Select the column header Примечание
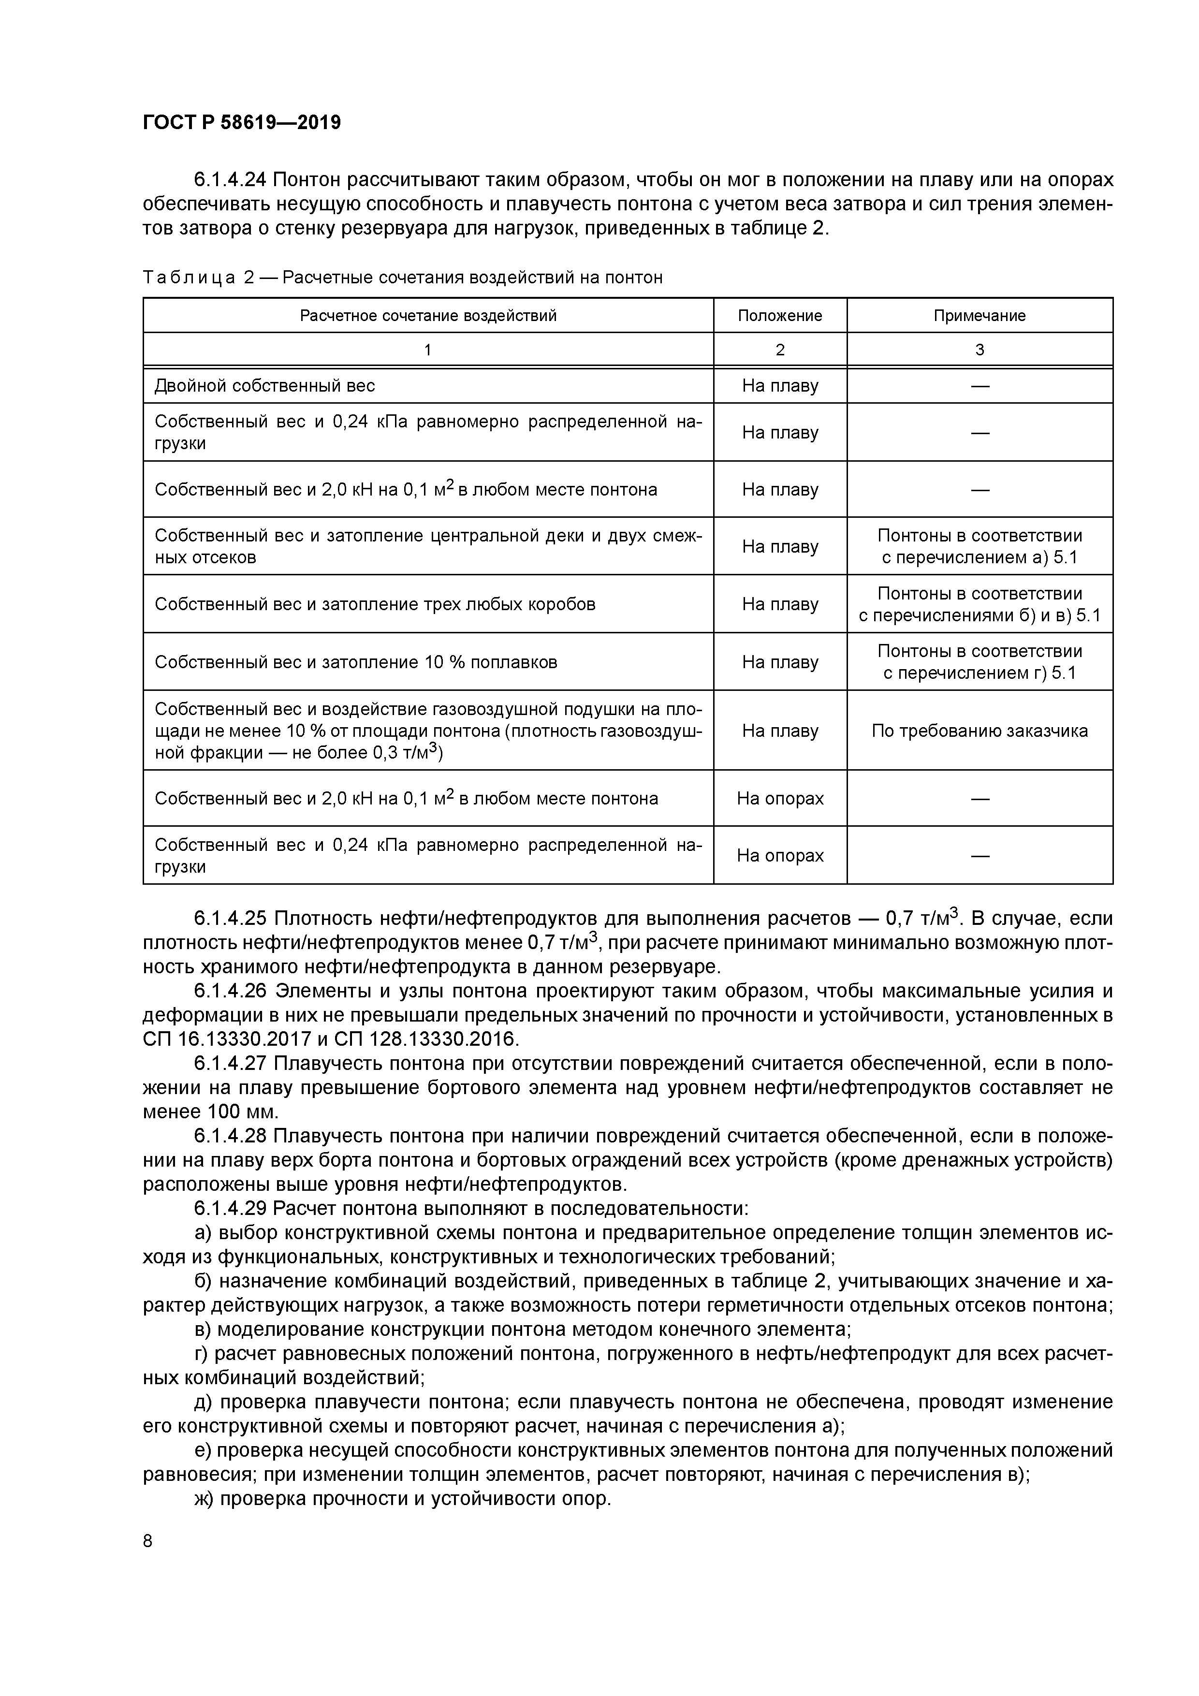click(979, 316)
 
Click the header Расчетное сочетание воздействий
click(428, 316)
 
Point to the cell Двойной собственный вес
click(264, 386)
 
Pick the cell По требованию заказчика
click(979, 731)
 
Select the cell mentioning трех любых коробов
click(375, 604)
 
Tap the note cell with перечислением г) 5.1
click(979, 662)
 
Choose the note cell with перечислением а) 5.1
click(979, 547)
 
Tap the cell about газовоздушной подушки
click(428, 731)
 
